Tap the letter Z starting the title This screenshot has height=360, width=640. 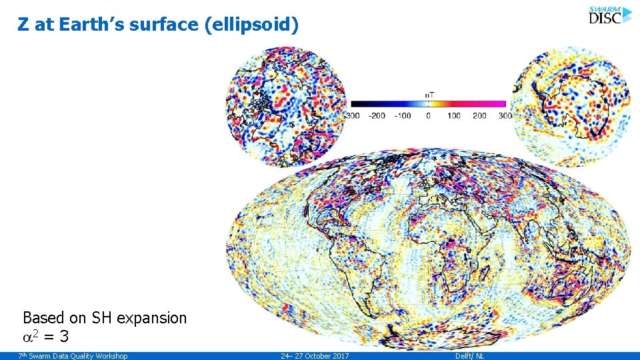point(24,25)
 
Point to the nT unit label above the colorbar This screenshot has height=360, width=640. point(429,95)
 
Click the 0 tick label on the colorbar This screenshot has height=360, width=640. point(428,116)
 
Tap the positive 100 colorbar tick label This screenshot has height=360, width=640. point(454,116)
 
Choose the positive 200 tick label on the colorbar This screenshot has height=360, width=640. point(479,116)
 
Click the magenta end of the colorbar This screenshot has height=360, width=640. point(497,104)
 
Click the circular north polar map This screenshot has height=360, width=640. point(287,106)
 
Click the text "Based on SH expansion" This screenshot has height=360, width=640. point(105,318)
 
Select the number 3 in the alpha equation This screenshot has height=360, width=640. point(64,337)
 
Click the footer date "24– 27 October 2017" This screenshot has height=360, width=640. point(315,356)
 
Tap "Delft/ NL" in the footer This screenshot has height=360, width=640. point(469,356)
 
